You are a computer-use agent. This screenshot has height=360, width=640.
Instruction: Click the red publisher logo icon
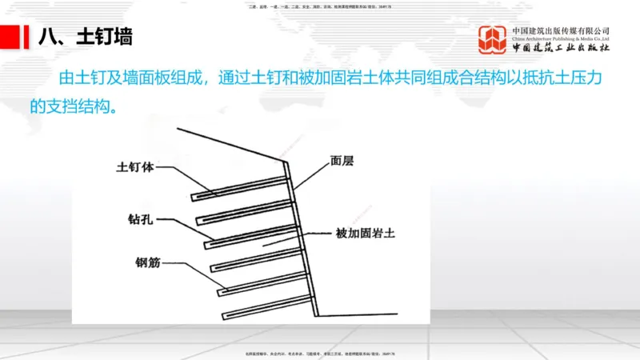pos(493,40)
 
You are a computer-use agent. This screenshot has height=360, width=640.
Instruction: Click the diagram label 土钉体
pos(134,168)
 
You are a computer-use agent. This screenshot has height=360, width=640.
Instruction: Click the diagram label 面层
pos(341,160)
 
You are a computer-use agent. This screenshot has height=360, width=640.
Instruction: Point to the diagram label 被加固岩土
pos(366,234)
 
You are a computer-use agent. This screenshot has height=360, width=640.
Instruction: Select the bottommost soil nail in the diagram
pos(264,305)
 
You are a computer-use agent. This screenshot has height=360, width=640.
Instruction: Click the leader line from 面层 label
pos(312,174)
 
